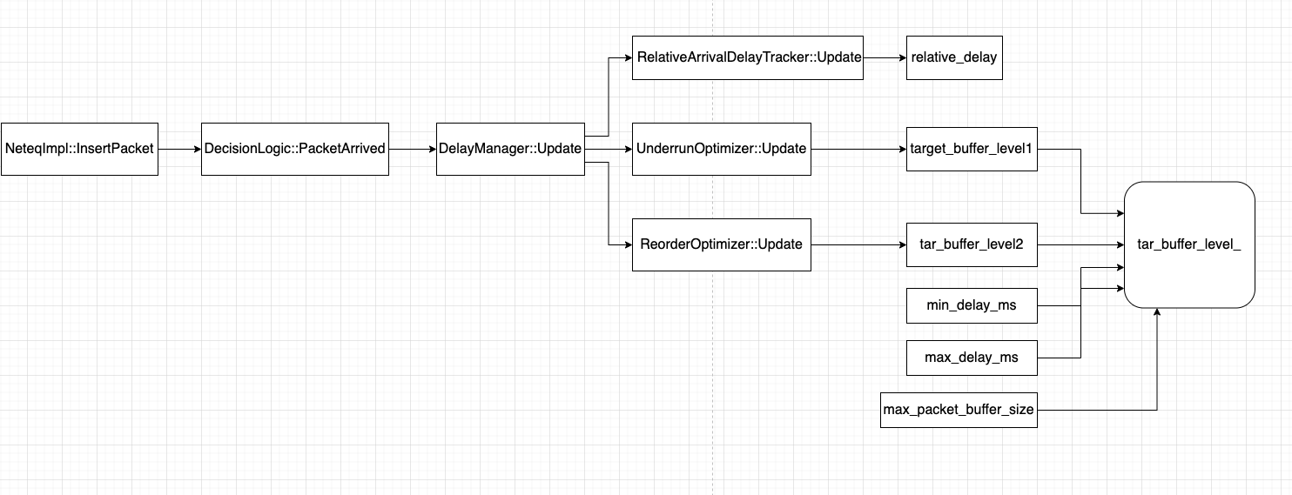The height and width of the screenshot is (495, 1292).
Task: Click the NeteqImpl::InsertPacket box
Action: (x=79, y=149)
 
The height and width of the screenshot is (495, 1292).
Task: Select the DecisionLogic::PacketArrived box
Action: (x=294, y=149)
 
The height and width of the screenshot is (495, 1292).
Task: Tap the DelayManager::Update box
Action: (x=510, y=149)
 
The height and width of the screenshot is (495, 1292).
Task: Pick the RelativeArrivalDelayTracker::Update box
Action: (x=748, y=57)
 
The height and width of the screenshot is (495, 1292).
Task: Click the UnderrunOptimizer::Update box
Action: (x=722, y=149)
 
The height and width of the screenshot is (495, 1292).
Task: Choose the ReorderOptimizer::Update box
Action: (x=722, y=244)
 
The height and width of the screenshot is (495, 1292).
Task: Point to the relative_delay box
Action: (x=954, y=57)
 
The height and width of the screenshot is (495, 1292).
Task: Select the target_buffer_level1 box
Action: (x=972, y=149)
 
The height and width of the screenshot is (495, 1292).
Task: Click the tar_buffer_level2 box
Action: (x=972, y=244)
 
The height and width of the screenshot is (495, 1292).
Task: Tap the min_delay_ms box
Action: (x=972, y=305)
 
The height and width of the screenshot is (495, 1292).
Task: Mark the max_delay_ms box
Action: (x=972, y=357)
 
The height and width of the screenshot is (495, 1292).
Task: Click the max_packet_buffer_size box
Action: (x=959, y=410)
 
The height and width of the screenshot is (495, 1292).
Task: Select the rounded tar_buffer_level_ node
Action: (x=1189, y=244)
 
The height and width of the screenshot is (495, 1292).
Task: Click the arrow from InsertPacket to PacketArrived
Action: (x=179, y=149)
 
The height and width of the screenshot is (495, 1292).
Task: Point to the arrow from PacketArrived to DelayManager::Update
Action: (x=412, y=149)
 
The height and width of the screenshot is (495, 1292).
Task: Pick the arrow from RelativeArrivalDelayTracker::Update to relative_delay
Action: (x=885, y=57)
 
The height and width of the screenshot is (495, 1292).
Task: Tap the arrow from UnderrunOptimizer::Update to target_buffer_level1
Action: (x=858, y=149)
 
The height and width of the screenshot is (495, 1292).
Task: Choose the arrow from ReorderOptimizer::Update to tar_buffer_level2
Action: (x=858, y=244)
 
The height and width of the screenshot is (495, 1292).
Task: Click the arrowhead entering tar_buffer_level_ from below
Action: (x=1157, y=313)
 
